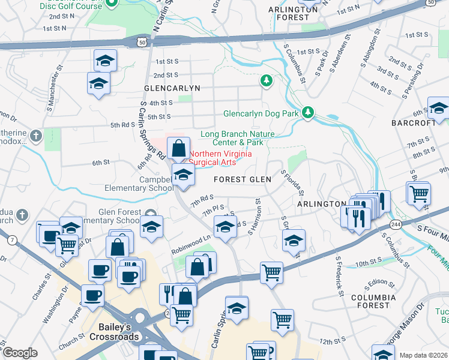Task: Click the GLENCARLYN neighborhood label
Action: tap(172, 88)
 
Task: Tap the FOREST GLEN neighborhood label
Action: tap(243, 179)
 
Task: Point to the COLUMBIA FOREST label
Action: tap(373, 301)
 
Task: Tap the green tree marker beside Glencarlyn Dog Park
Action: tap(308, 113)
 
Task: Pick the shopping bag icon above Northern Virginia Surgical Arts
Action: tap(179, 147)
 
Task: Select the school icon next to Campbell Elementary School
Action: tap(183, 175)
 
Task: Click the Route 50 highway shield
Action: tap(141, 42)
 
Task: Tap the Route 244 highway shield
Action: tap(395, 224)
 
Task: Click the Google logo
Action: tap(20, 353)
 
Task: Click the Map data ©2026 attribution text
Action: tap(423, 355)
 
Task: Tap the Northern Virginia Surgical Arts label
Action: tap(220, 157)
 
